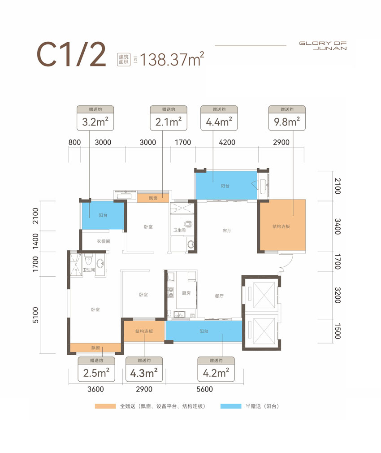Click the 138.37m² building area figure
point(172,59)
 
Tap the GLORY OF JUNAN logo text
point(323,46)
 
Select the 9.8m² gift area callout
point(287,118)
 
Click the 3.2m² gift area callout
point(95,118)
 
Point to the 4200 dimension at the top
point(227,142)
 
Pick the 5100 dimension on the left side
point(35,315)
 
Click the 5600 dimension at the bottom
point(205,389)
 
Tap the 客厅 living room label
point(227,230)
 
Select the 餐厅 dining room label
point(219,296)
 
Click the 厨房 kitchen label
point(186,293)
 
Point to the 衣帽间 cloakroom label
point(104,241)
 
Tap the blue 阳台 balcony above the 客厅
point(226,185)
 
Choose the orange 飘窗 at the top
point(153,198)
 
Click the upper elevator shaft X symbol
point(264,295)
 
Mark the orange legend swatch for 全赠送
point(105,406)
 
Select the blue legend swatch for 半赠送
point(231,406)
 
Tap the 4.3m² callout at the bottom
point(144,369)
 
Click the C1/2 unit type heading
point(71,54)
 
